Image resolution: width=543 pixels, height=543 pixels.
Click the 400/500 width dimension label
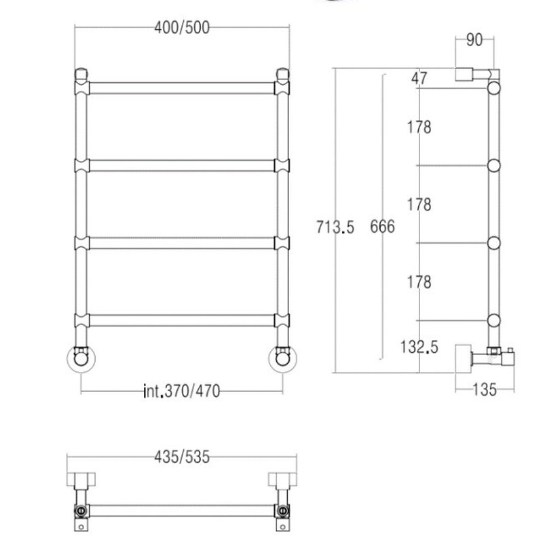[x=182, y=28]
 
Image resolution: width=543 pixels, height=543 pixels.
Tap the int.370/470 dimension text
[x=182, y=392]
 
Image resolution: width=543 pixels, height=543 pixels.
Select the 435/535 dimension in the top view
[x=182, y=457]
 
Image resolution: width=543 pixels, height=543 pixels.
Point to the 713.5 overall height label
[x=335, y=227]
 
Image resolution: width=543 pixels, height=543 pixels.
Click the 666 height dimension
[x=382, y=227]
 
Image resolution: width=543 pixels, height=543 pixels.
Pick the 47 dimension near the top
[x=419, y=79]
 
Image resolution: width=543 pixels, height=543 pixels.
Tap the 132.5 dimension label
[x=419, y=347]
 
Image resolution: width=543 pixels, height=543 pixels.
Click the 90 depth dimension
[x=474, y=40]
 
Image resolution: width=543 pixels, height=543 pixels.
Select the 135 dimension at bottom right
[x=485, y=390]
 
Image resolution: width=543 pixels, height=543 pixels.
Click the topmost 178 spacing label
[x=419, y=127]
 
